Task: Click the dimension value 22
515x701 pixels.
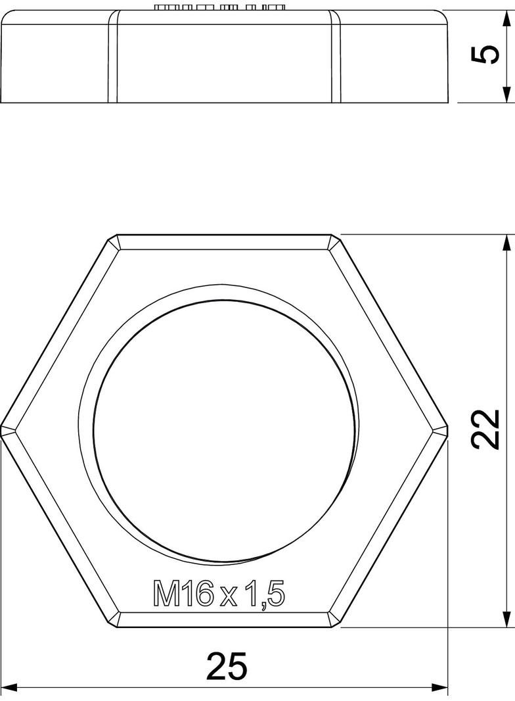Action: click(x=487, y=430)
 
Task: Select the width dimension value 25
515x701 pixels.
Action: click(x=227, y=666)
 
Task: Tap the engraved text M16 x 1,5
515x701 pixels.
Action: click(x=219, y=594)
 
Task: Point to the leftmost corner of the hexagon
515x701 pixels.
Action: click(x=2, y=431)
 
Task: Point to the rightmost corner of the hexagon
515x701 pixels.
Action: click(x=448, y=431)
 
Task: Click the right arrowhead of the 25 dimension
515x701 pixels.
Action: click(x=440, y=688)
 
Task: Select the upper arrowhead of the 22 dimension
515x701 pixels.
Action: click(x=506, y=243)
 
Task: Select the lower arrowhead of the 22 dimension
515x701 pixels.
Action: click(x=506, y=619)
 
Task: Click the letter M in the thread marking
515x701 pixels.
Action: click(x=166, y=595)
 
